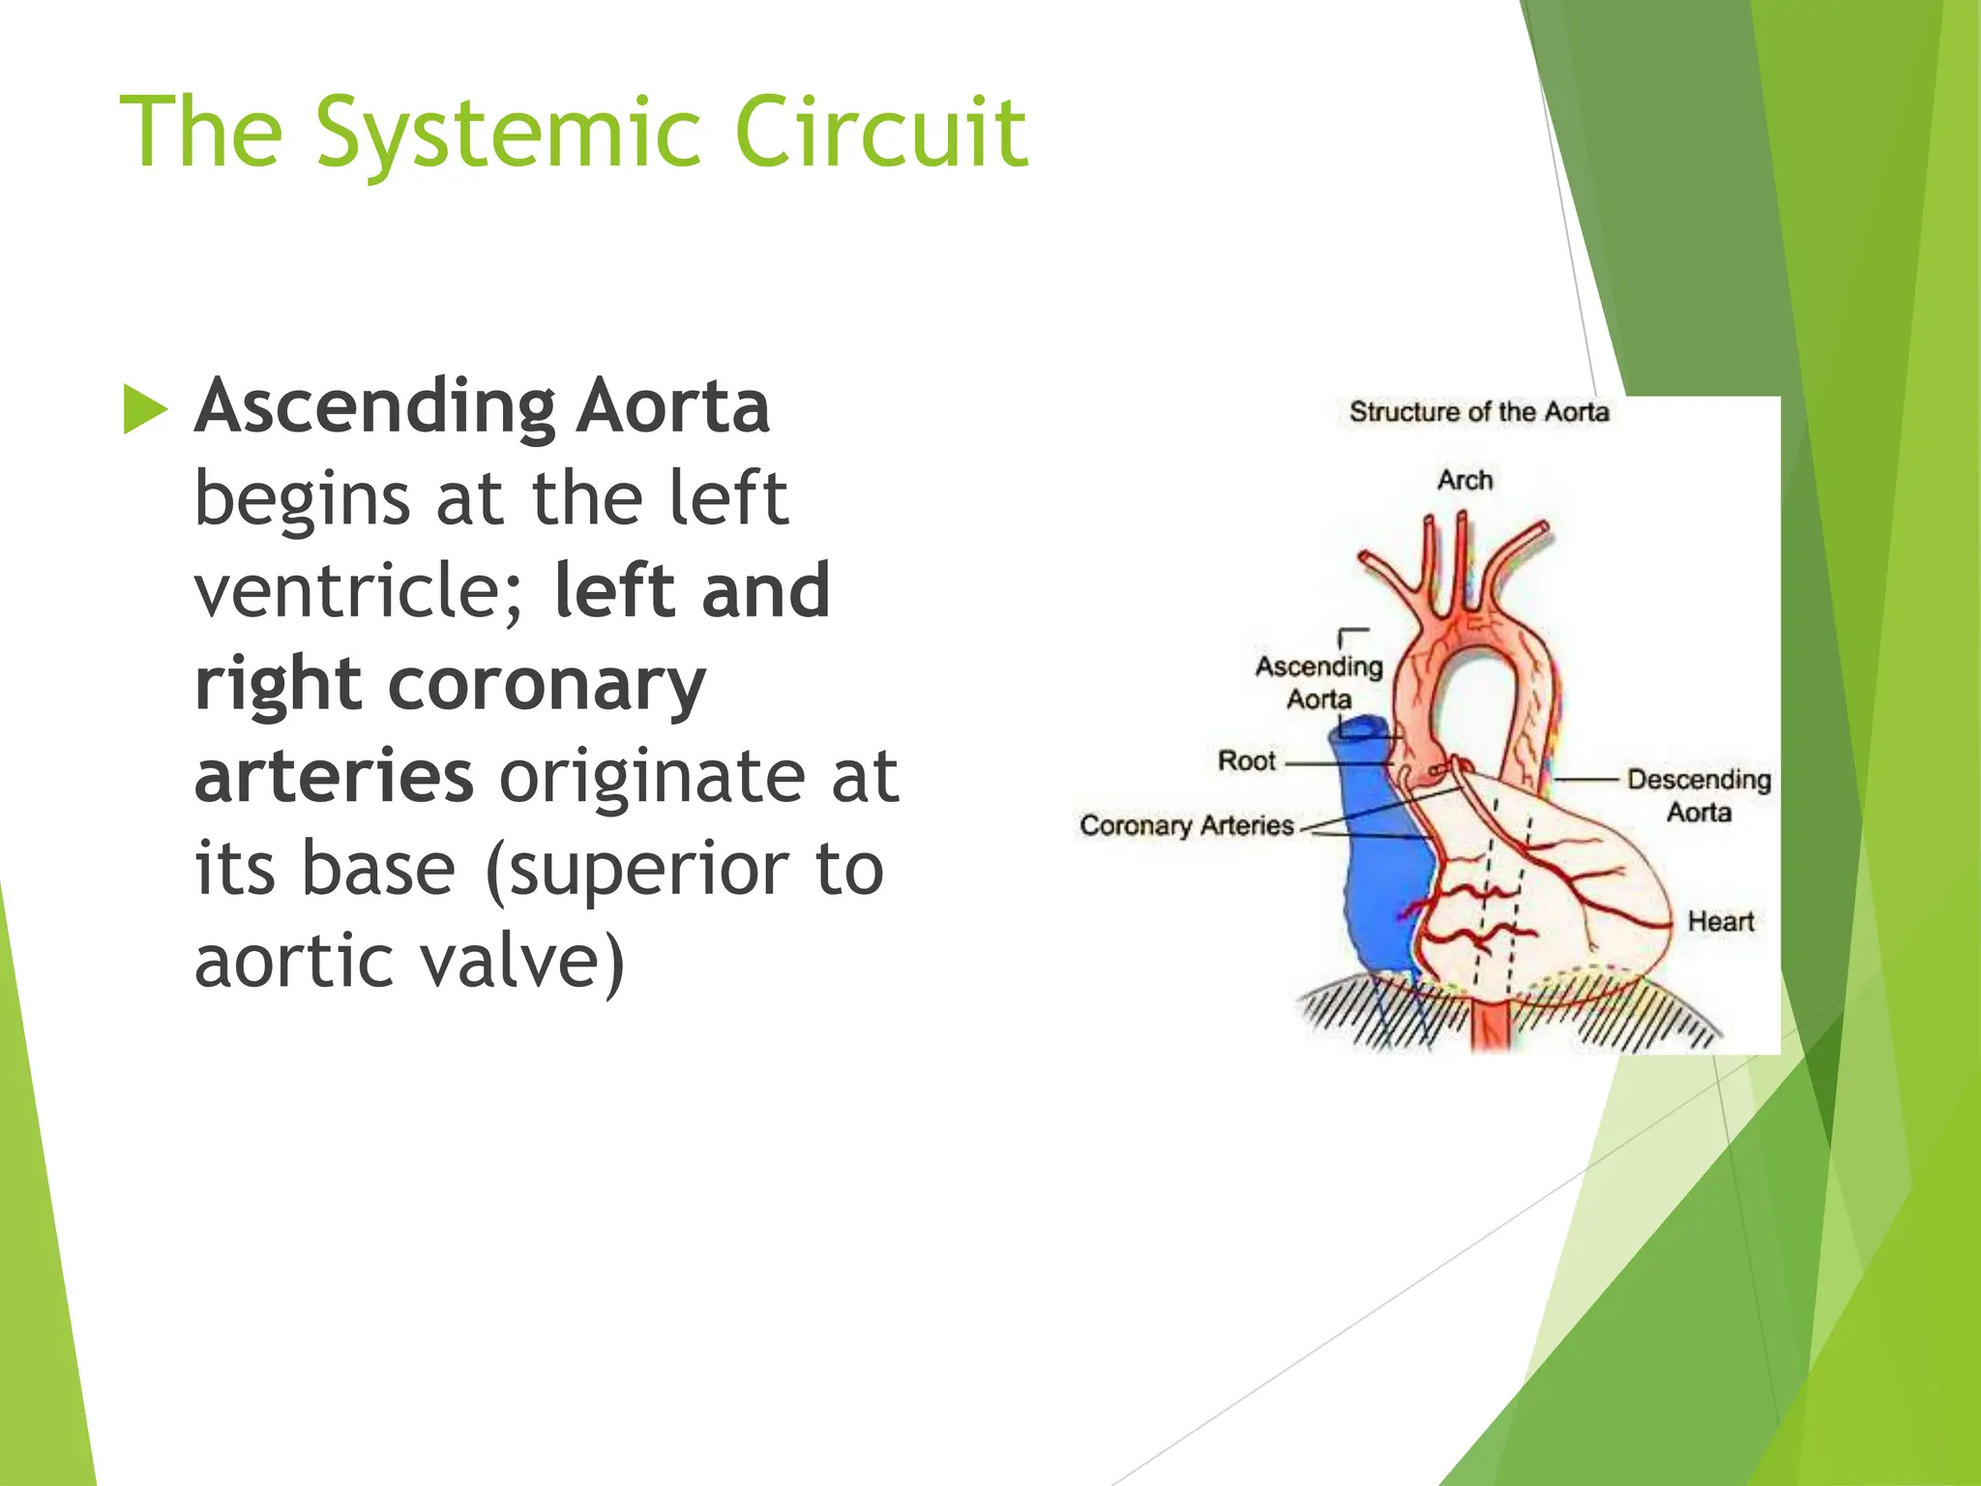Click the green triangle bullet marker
tap(145, 409)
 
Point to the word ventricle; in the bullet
tap(359, 592)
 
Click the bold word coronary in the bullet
tap(547, 684)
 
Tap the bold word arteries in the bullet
tap(334, 776)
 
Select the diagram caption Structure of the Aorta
tap(1479, 412)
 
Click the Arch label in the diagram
tap(1464, 480)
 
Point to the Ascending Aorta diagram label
tap(1318, 682)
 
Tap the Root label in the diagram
tap(1247, 760)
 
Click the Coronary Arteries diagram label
tap(1187, 825)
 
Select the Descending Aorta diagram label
tap(1699, 794)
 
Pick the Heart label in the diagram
tap(1720, 921)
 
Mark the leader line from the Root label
tap(1335, 763)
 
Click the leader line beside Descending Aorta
tap(1586, 779)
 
